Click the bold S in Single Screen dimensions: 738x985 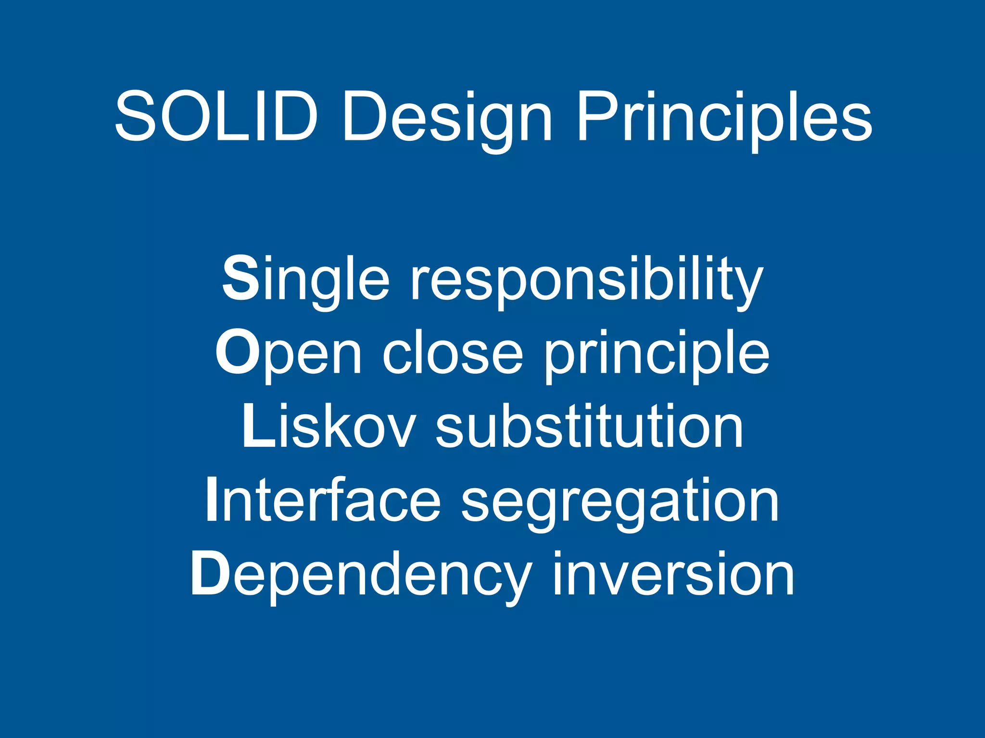click(x=240, y=279)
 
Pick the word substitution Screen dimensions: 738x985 click(x=589, y=427)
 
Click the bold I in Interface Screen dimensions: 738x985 click(x=212, y=500)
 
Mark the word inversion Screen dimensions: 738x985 click(x=673, y=574)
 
